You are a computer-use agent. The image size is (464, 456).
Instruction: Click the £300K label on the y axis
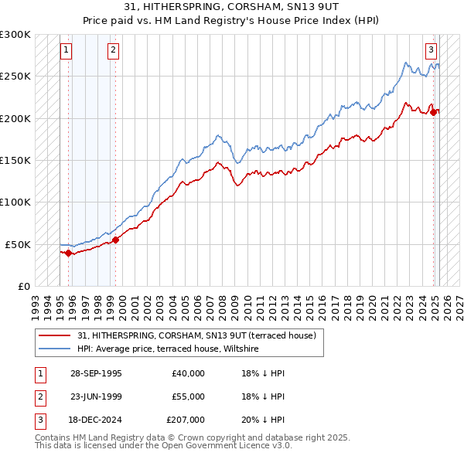coord(15,35)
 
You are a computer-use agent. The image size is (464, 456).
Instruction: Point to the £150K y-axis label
coord(15,160)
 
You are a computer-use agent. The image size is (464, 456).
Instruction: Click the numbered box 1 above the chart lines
coord(66,51)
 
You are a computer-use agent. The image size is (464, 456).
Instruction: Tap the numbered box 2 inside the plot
coord(113,51)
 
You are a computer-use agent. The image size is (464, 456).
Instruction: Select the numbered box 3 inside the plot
coord(430,51)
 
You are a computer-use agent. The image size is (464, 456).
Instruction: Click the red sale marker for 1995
coord(69,252)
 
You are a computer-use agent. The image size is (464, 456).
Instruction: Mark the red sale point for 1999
coord(116,240)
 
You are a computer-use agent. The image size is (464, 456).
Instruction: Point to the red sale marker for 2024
coord(435,112)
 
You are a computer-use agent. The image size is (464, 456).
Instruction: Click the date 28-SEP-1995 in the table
coord(95,373)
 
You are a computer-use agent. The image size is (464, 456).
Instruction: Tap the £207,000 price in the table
coord(186,420)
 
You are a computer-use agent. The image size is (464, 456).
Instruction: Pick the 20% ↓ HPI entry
coord(263,420)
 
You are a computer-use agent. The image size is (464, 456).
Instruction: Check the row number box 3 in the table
coord(39,420)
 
